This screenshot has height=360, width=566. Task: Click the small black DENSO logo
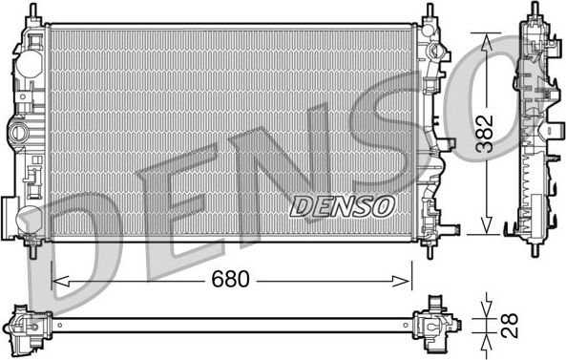(341, 204)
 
